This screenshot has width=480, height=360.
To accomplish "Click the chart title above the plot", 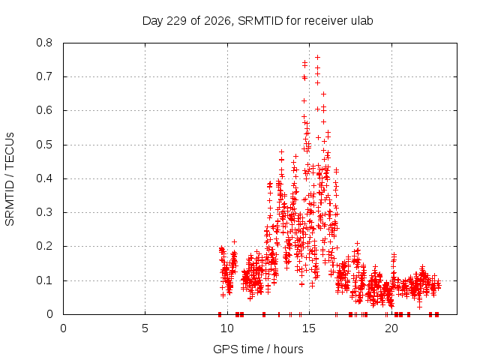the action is coord(257,21).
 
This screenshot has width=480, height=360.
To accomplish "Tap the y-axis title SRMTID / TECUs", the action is coord(10,179).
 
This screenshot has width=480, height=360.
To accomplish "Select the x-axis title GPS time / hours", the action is coord(258,349).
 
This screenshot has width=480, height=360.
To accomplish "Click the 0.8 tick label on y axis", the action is coord(44,43).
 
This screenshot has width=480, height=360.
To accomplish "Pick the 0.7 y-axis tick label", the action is coord(44,76).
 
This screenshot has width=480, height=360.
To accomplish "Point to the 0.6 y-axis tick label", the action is coord(44,110).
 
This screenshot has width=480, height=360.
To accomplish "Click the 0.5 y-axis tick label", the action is coord(44,145).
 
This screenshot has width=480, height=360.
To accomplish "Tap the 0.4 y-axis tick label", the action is coord(44,178).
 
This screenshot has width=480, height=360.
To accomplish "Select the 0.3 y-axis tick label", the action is coord(44,212).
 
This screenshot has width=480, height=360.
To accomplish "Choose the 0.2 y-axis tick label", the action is coord(44,247).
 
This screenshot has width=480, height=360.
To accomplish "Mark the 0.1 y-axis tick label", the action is coord(44,280).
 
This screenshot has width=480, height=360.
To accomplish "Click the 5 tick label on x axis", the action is coord(145,328).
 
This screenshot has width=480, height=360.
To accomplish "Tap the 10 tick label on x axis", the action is coord(227,328).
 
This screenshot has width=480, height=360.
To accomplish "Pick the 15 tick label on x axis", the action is coord(309,328).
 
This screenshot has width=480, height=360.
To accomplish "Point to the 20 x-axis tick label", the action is coord(391,328).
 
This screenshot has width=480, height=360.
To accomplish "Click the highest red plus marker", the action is coord(318,57).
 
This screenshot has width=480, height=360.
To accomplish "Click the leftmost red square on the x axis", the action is coord(220,314).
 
